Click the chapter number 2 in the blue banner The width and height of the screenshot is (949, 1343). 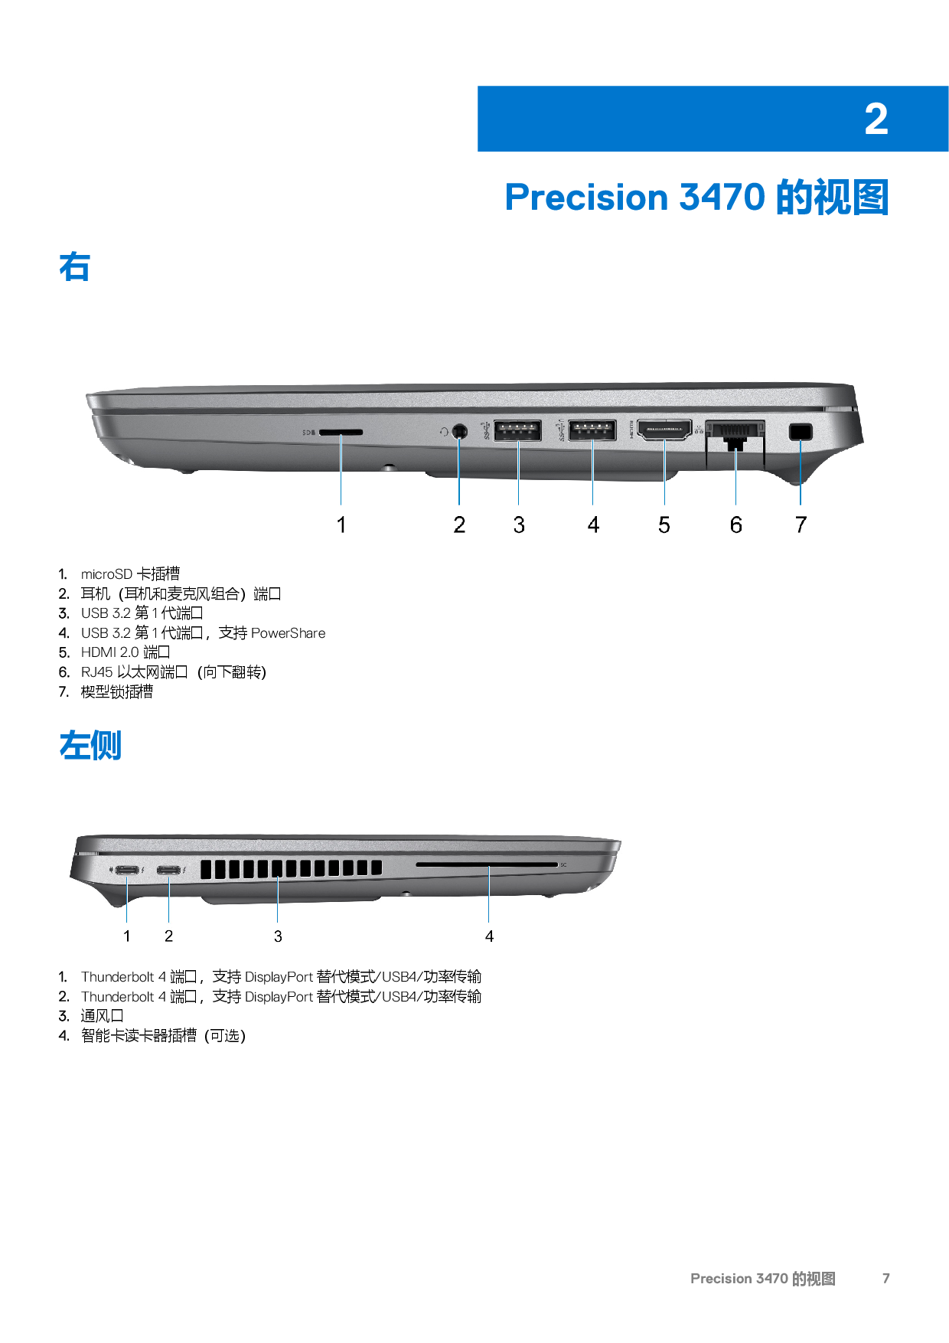tap(876, 119)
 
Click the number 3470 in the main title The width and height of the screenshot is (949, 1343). tap(722, 197)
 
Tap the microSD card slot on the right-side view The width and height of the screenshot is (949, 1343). tap(341, 432)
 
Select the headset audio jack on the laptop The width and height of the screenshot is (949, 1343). tap(459, 431)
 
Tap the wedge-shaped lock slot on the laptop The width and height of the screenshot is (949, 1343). tap(801, 432)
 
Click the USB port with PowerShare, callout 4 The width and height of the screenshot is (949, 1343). tap(592, 430)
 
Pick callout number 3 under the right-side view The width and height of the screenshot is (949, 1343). tap(519, 524)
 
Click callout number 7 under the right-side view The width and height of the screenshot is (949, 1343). tap(801, 524)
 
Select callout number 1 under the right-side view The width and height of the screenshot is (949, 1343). tap(341, 524)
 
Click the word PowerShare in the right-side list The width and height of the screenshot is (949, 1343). tap(289, 633)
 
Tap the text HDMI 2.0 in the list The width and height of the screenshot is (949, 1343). tap(110, 652)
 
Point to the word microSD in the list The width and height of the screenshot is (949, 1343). tap(106, 574)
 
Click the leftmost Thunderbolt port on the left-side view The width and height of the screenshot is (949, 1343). tap(127, 871)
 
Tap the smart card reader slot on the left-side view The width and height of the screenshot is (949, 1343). tap(487, 864)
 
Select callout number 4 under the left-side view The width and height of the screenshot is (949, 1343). tap(489, 936)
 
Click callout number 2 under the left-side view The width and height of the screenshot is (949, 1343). tap(168, 936)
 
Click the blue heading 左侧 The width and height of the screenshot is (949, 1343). tap(90, 746)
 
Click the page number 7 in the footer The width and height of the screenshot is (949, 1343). tap(886, 1279)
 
